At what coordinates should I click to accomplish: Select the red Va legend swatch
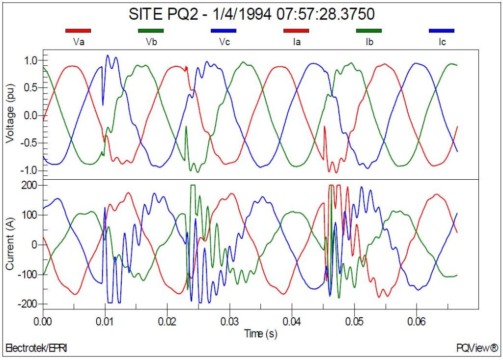[x=78, y=30]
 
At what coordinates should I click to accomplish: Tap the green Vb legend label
[x=150, y=42]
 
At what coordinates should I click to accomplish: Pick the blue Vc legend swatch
[x=224, y=30]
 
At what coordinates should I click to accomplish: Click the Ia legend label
[x=296, y=42]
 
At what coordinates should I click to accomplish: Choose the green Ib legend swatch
[x=368, y=30]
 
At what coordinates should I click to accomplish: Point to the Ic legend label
[x=442, y=42]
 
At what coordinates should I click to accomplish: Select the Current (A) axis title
[x=10, y=244]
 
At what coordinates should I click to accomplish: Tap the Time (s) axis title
[x=261, y=334]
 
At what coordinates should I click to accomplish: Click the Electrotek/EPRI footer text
[x=36, y=348]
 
